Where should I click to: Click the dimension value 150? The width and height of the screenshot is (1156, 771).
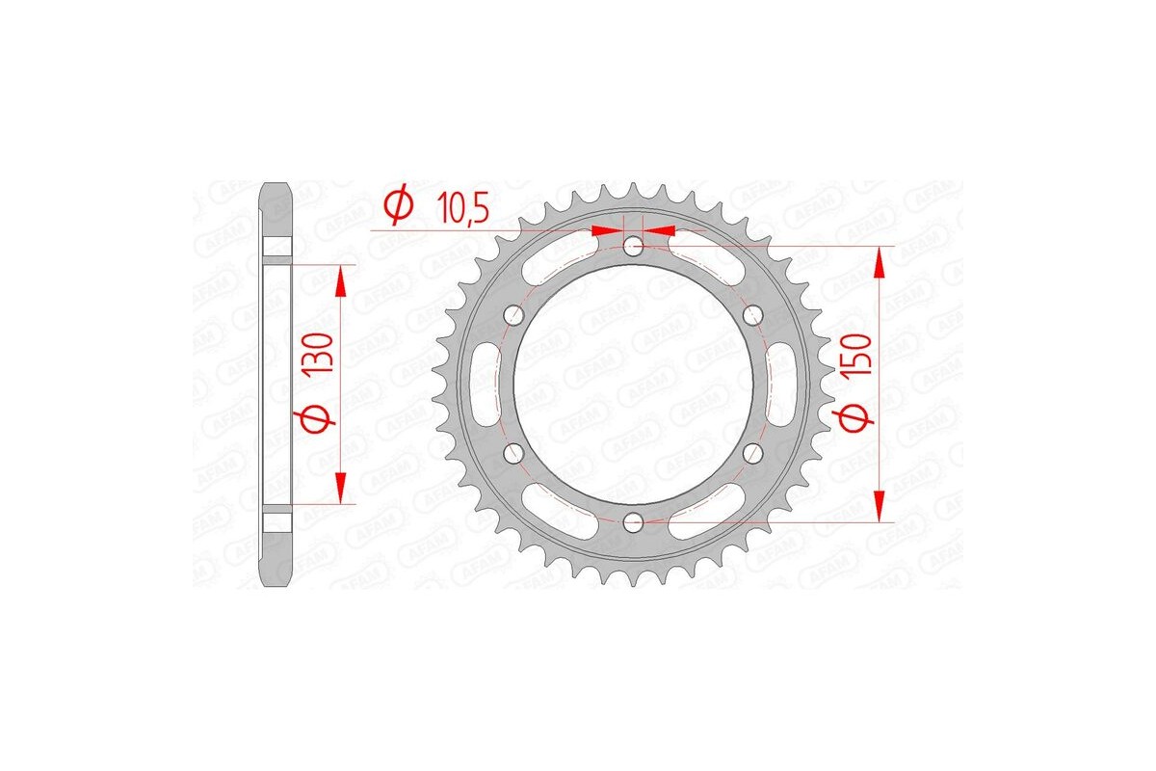point(860,356)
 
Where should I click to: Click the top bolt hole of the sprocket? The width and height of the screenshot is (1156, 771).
point(633,247)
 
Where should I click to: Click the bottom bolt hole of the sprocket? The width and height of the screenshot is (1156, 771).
point(633,521)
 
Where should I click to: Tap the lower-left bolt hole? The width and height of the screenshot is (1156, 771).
point(513,452)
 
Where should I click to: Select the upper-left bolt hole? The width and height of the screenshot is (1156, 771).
point(513,315)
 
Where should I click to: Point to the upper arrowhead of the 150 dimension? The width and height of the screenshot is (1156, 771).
point(879,260)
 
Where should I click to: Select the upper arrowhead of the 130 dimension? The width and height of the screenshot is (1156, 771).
point(339,280)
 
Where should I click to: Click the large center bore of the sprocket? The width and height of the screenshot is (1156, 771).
point(633,384)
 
